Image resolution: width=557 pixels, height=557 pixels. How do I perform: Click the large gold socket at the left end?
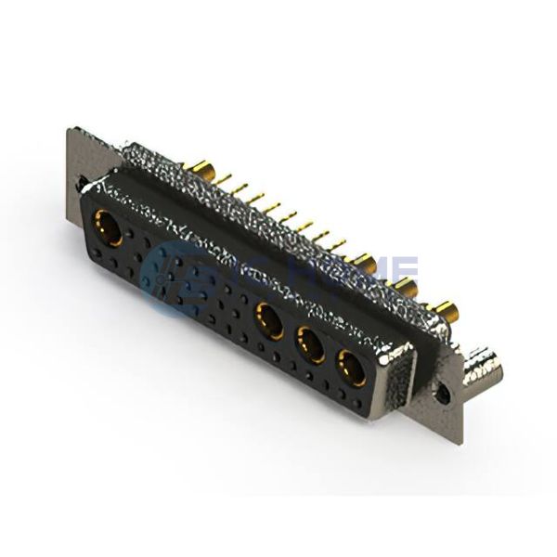(109, 227)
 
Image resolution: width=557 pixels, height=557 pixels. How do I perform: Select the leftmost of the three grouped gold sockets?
(270, 319)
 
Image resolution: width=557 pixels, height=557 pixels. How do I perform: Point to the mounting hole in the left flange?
(82, 184)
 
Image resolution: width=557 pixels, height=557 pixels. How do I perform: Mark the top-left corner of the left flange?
(68, 130)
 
